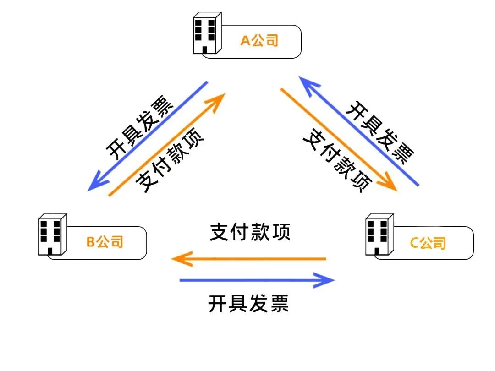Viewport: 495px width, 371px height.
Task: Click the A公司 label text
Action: pyautogui.click(x=260, y=41)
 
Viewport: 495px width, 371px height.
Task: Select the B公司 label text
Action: pyautogui.click(x=105, y=241)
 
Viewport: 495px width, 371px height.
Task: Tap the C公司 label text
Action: pyautogui.click(x=428, y=243)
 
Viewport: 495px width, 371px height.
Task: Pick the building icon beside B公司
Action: pyautogui.click(x=52, y=234)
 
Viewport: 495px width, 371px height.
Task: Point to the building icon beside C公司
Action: pyautogui.click(x=379, y=234)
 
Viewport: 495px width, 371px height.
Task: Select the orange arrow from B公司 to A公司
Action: pyautogui.click(x=167, y=144)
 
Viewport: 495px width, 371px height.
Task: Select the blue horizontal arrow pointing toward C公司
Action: pyautogui.click(x=257, y=280)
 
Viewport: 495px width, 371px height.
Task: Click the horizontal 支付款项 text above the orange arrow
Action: pyautogui.click(x=250, y=233)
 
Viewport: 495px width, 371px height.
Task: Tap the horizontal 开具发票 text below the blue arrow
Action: pyautogui.click(x=248, y=304)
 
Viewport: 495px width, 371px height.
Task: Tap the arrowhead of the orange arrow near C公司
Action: pyautogui.click(x=390, y=185)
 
